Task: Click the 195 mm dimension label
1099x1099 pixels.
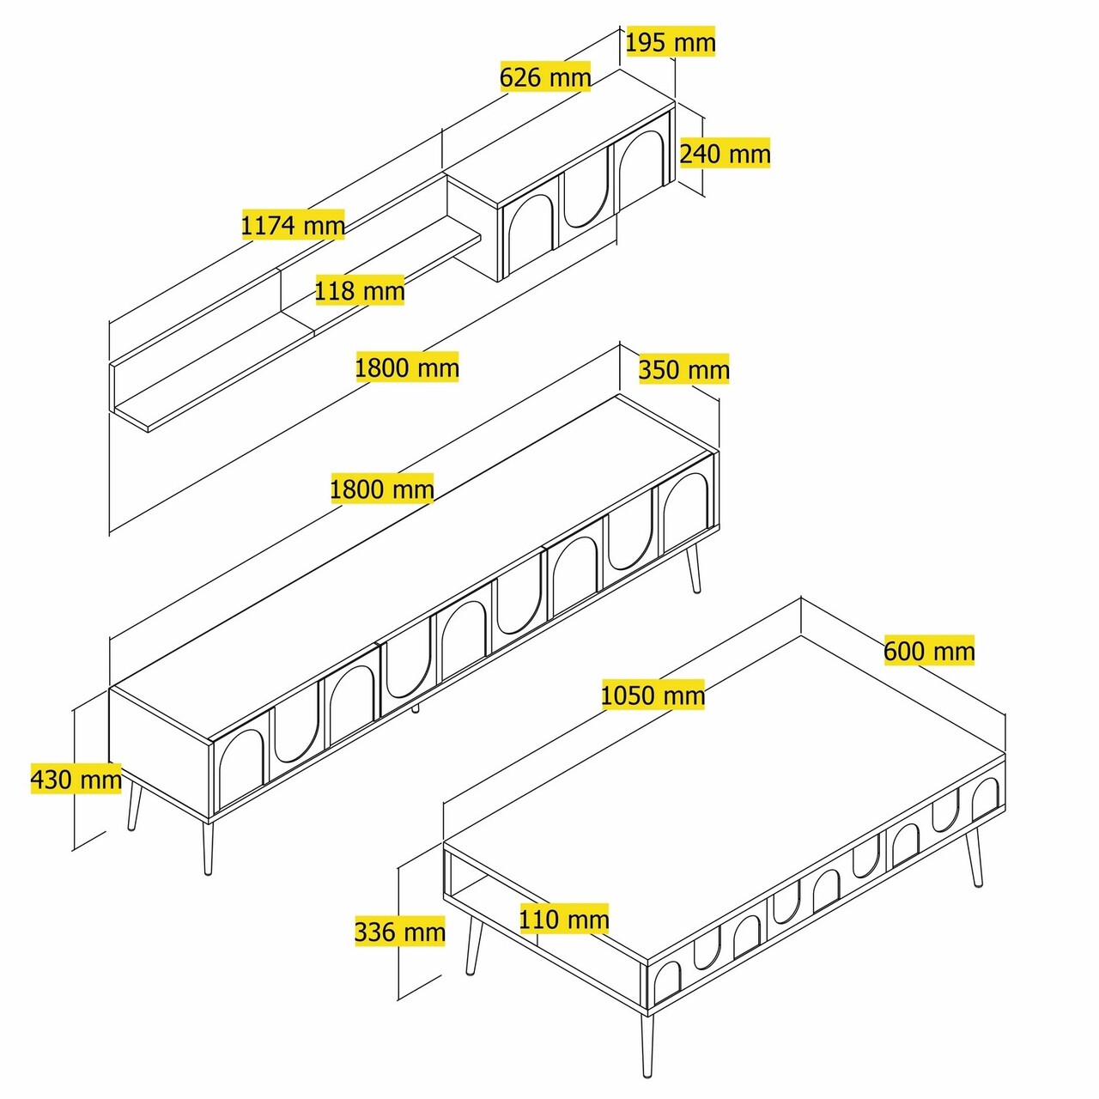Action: click(670, 42)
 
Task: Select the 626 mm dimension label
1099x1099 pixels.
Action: click(545, 77)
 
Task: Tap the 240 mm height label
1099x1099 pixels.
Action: click(725, 154)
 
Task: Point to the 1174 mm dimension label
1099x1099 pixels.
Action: click(293, 225)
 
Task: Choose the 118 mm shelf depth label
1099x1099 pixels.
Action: click(359, 290)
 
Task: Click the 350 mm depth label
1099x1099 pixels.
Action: click(683, 370)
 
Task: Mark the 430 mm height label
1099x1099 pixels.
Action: click(76, 780)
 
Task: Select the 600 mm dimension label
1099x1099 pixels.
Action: click(929, 651)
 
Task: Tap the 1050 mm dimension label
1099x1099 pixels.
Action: click(653, 695)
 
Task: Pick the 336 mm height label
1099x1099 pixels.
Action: click(400, 932)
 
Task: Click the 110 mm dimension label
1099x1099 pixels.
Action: click(564, 920)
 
